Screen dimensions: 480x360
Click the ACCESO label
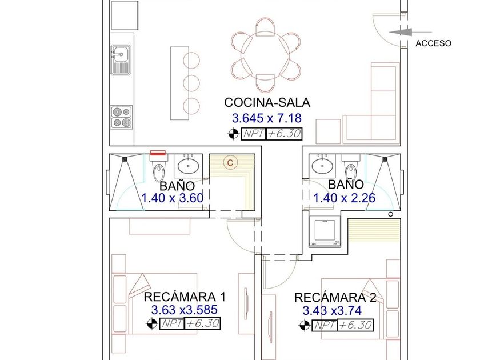point(433,43)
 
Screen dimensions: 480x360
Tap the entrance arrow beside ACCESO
point(410,32)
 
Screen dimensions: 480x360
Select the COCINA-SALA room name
point(267,102)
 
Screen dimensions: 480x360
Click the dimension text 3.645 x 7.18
point(267,118)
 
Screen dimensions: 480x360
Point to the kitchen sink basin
point(121,54)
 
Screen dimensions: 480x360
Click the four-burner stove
point(122,117)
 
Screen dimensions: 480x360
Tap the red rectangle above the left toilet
point(158,153)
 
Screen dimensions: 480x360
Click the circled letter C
point(230,162)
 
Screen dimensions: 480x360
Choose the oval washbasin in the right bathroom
point(322,166)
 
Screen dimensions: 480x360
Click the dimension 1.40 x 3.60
point(173,198)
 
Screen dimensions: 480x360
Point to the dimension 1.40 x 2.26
point(344,198)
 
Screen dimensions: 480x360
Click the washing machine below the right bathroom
point(325,231)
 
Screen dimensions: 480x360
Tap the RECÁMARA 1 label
point(185,297)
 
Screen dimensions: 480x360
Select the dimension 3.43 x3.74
point(332,311)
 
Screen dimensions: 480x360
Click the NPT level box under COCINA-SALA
point(272,134)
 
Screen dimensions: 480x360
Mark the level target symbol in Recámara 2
point(304,325)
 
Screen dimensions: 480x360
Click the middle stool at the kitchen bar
point(191,82)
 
